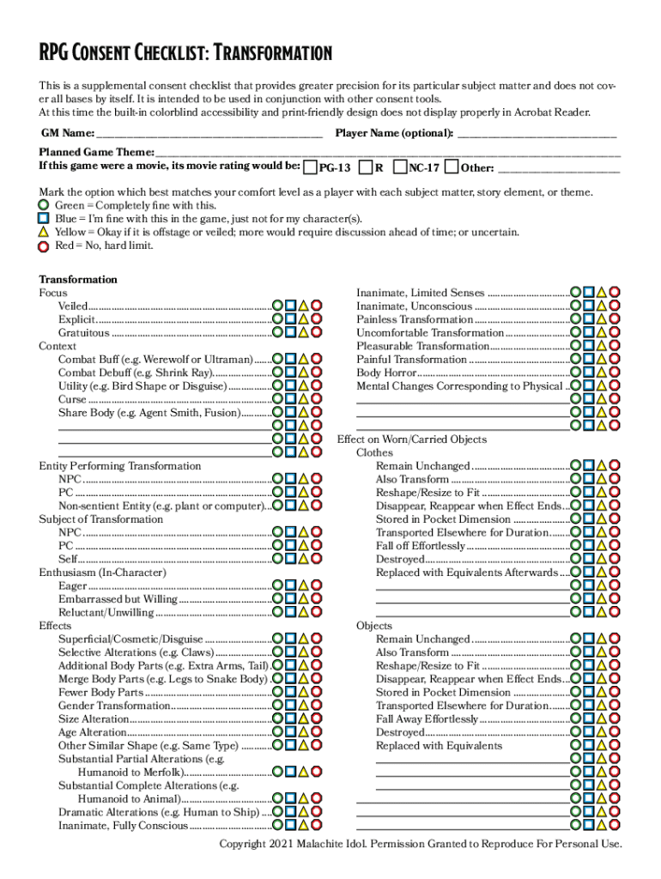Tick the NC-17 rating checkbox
402,166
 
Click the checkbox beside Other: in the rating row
453,166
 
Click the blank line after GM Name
209,134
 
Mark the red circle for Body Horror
615,373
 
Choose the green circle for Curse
278,400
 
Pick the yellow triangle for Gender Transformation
304,706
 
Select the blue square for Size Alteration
291,719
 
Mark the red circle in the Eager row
317,586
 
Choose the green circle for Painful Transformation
576,360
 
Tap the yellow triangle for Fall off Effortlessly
602,546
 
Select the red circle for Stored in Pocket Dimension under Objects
615,693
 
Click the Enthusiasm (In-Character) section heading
102,573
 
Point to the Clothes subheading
374,452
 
